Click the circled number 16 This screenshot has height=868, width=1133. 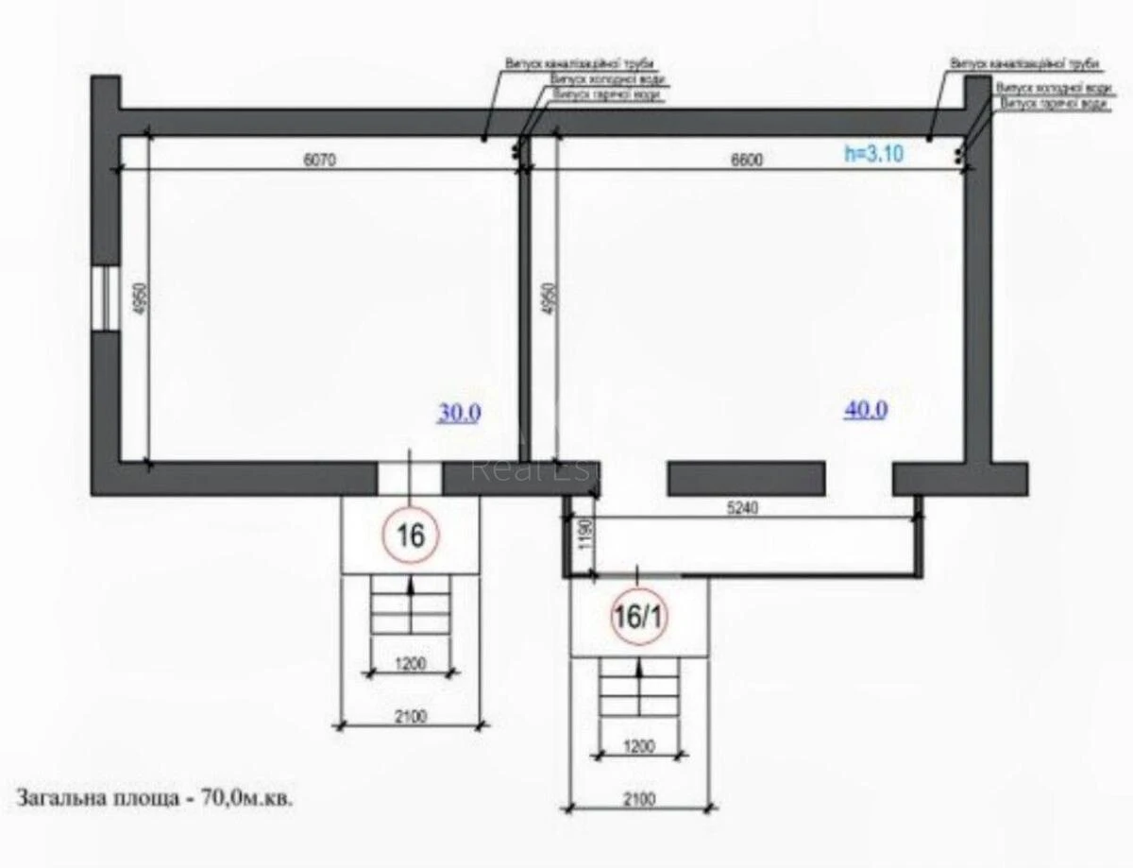pyautogui.click(x=411, y=536)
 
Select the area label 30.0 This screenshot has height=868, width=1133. pyautogui.click(x=459, y=413)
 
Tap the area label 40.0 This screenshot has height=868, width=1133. pyautogui.click(x=865, y=409)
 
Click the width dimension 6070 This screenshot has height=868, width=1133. pyautogui.click(x=319, y=161)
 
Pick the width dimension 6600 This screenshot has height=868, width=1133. pyautogui.click(x=745, y=161)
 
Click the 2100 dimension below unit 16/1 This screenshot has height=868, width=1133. pyautogui.click(x=639, y=799)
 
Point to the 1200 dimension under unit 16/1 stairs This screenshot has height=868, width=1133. pyautogui.click(x=639, y=746)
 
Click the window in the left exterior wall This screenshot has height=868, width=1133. pyautogui.click(x=106, y=298)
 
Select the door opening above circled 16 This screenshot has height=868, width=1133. pyautogui.click(x=410, y=478)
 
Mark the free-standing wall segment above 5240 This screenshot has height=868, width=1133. pyautogui.click(x=746, y=478)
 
